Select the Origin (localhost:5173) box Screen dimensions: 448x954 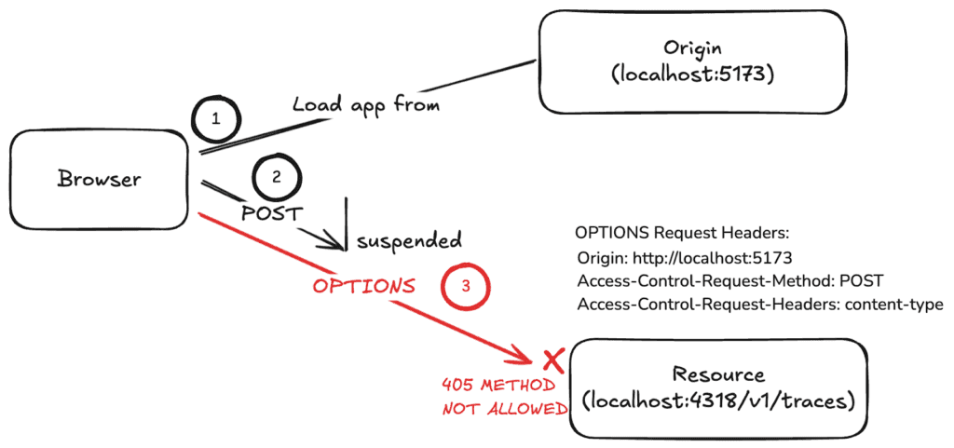coord(690,61)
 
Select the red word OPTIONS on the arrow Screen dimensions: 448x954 coord(363,285)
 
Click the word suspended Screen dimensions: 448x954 coord(407,241)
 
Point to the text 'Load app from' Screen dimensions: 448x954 coord(365,104)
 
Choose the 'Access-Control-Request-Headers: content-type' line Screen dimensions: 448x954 coord(760,305)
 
